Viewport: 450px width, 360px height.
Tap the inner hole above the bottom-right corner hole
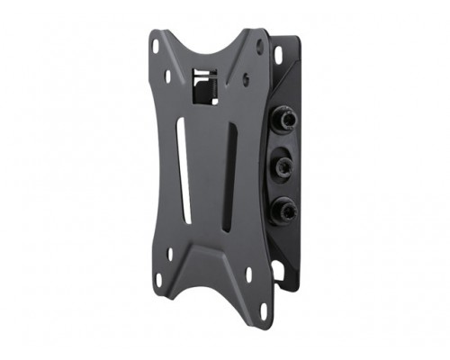[253, 273]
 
